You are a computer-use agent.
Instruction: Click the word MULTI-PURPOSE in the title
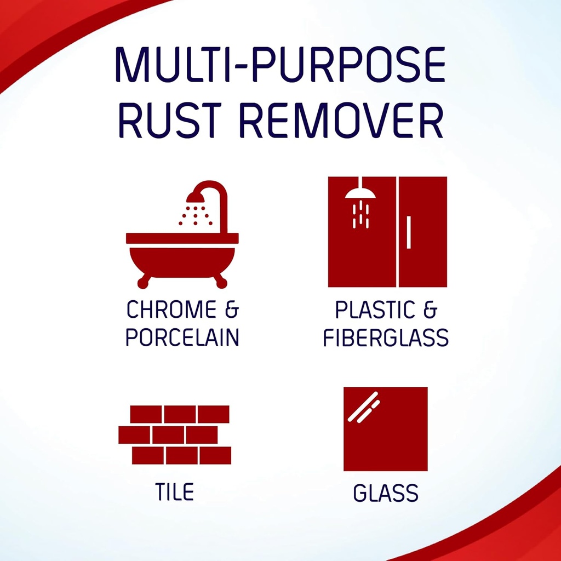click(x=280, y=66)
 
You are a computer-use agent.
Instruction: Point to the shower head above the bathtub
click(x=196, y=197)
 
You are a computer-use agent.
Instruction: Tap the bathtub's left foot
click(x=144, y=282)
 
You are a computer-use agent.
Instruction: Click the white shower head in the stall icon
click(x=360, y=193)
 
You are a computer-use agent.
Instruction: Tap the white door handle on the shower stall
click(x=409, y=232)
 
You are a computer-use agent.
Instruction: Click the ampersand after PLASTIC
click(x=430, y=310)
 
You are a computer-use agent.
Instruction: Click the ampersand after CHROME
click(x=232, y=310)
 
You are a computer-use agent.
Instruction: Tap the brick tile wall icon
click(x=175, y=434)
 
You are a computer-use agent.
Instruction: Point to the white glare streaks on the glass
click(x=363, y=407)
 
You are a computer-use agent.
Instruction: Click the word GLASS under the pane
click(x=386, y=493)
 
